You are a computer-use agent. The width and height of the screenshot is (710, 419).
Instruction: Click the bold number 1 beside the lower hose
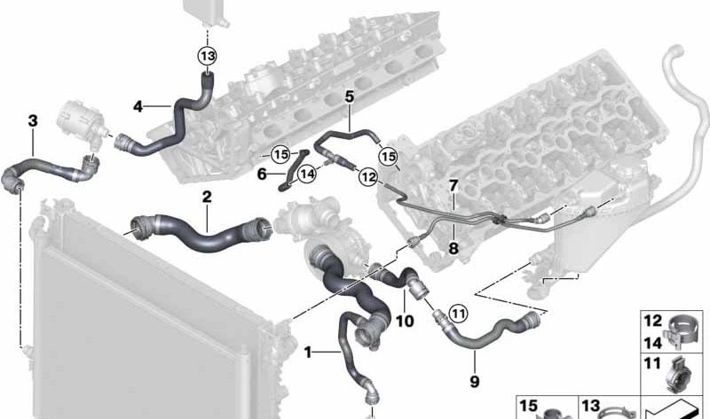(308, 352)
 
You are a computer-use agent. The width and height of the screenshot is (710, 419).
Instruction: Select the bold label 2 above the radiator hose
(207, 197)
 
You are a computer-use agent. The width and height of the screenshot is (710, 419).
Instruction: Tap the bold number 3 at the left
(33, 120)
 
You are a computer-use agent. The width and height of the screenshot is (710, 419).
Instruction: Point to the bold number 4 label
(138, 106)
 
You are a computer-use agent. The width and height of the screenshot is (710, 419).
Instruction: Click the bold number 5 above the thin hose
(349, 97)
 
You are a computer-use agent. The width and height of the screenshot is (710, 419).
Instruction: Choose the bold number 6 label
(262, 174)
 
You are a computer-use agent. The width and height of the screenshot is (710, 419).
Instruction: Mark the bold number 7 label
(454, 185)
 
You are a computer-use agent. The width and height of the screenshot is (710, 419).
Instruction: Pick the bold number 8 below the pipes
(454, 248)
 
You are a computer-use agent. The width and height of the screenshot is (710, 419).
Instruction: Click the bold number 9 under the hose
(474, 382)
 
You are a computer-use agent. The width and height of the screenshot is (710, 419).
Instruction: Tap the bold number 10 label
(405, 321)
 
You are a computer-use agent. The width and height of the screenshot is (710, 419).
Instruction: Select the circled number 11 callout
(458, 314)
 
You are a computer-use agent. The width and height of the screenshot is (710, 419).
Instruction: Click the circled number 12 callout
(368, 176)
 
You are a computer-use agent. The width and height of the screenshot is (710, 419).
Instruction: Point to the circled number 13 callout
(207, 56)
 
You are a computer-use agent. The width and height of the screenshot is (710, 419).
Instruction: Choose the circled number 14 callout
(307, 174)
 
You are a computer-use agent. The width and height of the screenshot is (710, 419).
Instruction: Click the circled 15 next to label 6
(280, 155)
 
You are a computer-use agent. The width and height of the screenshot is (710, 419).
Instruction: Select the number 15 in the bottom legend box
(528, 406)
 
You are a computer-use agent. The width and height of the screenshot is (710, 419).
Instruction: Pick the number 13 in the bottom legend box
(590, 406)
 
